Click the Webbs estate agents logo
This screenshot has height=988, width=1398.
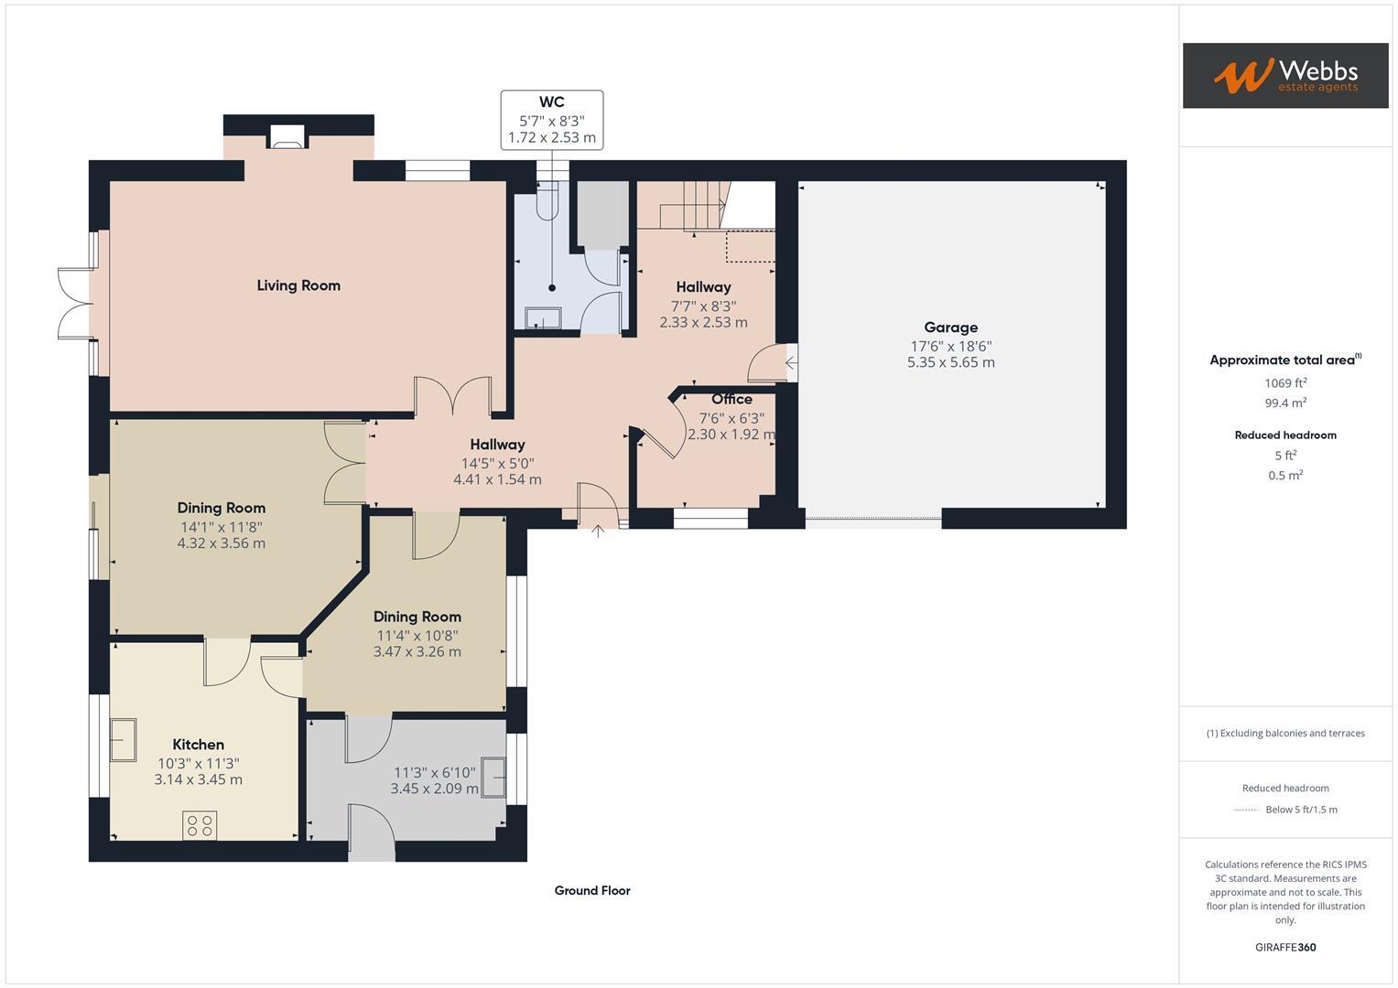1284,75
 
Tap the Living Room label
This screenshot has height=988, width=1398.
298,285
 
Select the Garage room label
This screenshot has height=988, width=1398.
950,328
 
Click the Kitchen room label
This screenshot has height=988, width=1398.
198,745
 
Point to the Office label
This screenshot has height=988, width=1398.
732,399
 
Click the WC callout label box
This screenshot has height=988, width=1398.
551,120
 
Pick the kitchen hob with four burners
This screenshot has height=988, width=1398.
200,826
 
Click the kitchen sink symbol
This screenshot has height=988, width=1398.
123,739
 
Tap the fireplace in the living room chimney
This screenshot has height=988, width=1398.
287,138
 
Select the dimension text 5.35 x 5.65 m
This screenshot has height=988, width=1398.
950,362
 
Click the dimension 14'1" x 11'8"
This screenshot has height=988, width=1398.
221,527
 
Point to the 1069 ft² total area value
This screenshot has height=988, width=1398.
1285,383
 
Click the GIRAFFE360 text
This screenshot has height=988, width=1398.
1284,947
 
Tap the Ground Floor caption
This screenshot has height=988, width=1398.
591,890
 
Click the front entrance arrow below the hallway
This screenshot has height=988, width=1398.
597,531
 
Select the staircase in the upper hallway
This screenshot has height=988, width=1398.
696,205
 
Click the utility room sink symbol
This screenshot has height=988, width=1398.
494,778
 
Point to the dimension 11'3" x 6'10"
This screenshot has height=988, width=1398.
434,772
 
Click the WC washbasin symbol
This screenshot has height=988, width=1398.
543,317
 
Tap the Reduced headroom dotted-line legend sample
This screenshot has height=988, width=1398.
1246,810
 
